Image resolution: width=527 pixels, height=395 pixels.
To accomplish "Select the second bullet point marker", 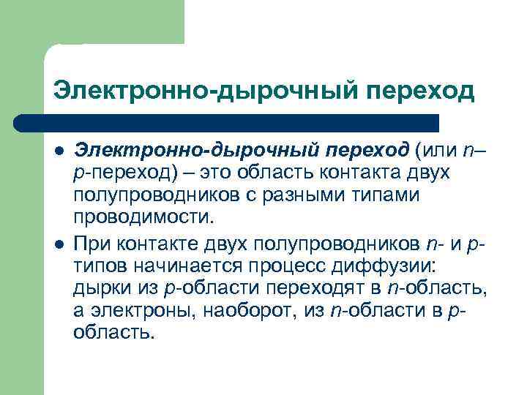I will pyautogui.click(x=60, y=241).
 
